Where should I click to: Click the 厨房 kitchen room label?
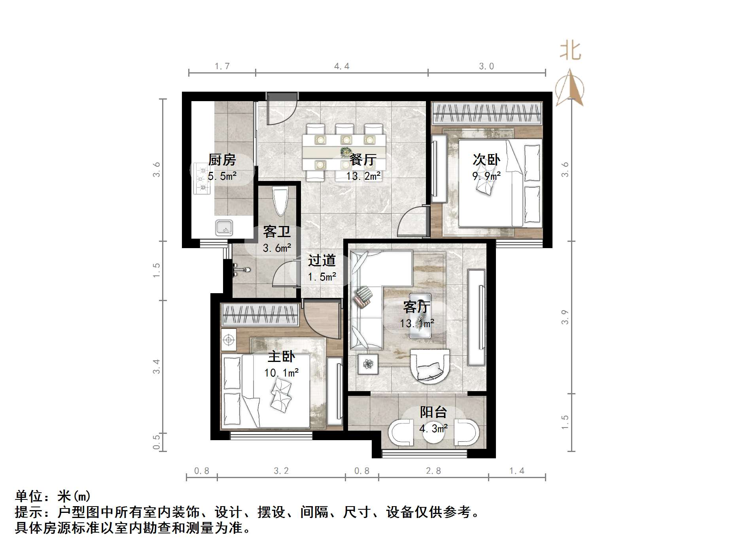222,160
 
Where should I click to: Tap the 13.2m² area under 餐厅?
363,176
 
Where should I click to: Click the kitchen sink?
224,228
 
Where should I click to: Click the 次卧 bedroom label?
486,160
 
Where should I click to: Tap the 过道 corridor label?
322,260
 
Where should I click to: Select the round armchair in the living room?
430,365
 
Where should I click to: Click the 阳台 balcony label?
433,412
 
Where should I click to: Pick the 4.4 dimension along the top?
342,66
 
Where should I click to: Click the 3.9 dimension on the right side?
565,317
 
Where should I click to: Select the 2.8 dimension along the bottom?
433,471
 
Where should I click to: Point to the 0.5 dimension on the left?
157,442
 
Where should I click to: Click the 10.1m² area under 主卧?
281,373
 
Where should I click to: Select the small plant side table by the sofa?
368,364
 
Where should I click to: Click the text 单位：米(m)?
53,496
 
